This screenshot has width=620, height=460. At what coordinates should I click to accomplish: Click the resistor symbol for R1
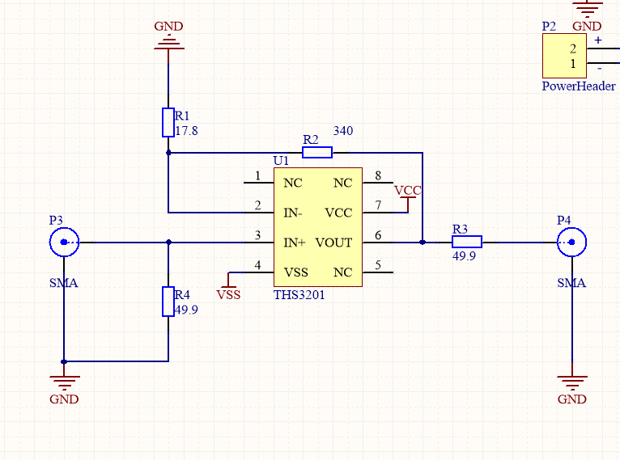point(168,122)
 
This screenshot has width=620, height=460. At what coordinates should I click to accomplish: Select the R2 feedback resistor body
point(317,153)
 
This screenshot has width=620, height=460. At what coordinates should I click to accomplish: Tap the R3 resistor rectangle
point(467,242)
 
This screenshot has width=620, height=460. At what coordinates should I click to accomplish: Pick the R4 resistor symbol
point(168,302)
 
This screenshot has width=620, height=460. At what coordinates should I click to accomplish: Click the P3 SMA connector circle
point(64,242)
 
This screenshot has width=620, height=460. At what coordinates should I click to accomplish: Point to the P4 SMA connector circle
point(571,242)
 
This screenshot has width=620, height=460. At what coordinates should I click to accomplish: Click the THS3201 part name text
point(299,295)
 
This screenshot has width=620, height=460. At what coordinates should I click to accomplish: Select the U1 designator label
point(281,161)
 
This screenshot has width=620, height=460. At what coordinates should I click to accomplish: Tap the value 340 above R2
point(343,131)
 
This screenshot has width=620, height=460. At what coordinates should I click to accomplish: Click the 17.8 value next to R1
point(186,131)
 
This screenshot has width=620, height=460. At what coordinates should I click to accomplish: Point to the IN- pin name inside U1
point(293,213)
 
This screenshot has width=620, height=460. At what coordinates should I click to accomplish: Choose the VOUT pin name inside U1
point(333,243)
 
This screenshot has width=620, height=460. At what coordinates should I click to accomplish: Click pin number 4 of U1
point(258,265)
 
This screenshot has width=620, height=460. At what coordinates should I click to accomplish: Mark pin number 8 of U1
point(378,175)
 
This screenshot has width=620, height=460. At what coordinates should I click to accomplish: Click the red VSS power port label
point(228,295)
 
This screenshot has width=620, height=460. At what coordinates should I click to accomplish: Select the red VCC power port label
point(408,191)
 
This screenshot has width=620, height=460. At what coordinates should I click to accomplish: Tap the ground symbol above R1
point(169,43)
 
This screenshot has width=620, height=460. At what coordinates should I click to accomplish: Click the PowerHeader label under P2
point(579,86)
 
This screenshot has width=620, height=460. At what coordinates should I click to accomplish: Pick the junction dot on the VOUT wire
point(423,242)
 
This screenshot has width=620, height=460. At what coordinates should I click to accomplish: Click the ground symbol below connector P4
point(571,382)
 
